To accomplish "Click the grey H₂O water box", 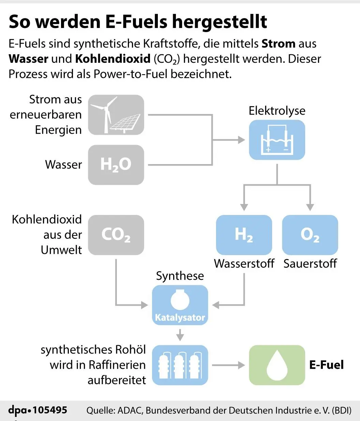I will (x=116, y=165).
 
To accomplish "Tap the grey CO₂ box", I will (x=116, y=235).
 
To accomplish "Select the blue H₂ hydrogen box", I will (x=244, y=235).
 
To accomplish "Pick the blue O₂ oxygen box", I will (x=310, y=235).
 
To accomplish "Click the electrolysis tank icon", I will (x=277, y=140).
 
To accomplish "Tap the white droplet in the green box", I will (x=277, y=365).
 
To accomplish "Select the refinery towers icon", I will (x=180, y=365).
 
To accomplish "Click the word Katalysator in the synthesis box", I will (x=180, y=318).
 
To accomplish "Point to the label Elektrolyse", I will (x=277, y=111).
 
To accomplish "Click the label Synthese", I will (x=180, y=276).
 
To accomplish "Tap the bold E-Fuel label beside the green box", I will (x=326, y=365).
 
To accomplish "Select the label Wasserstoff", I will (x=244, y=264).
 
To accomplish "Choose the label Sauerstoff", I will (x=310, y=264).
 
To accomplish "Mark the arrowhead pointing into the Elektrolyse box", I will (x=241, y=140).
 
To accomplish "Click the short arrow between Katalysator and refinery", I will (x=180, y=335).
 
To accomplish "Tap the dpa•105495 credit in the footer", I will (x=38, y=410).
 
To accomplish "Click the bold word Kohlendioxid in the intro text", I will (x=112, y=59).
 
